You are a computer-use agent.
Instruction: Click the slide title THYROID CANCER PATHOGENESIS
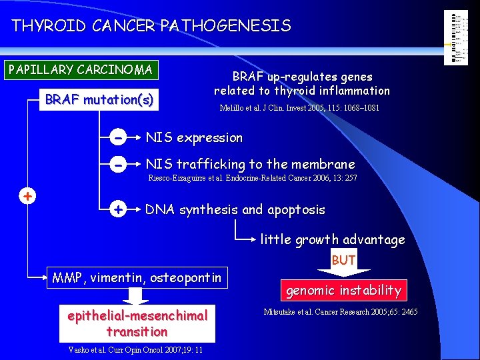coord(151,26)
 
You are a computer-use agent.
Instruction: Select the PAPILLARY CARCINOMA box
coord(80,69)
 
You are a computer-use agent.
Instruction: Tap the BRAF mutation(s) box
coord(99,100)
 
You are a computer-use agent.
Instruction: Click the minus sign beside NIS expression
coord(117,138)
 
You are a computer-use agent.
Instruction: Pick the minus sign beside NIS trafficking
coord(117,164)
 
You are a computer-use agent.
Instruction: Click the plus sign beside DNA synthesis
coord(117,210)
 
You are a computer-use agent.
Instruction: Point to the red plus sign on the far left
coord(27,196)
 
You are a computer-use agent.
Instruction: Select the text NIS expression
coord(194,138)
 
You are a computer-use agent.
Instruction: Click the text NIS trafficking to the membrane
coord(250,164)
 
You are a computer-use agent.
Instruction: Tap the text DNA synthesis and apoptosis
coord(235,210)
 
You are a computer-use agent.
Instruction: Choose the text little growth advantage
coord(332,239)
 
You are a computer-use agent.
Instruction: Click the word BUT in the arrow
coord(343,261)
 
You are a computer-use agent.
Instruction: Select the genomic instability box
coord(343,290)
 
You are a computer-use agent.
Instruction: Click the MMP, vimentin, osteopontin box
coord(137,277)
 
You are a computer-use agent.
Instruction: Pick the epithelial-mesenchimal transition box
coord(137,323)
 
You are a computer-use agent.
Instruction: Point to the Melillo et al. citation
coord(299,108)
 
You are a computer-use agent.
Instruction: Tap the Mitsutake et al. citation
coord(341,311)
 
